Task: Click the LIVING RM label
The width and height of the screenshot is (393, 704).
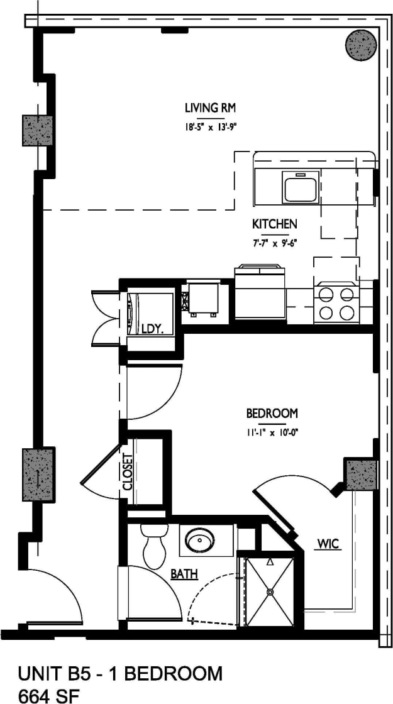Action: point(210,107)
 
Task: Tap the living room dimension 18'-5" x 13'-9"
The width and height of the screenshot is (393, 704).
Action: point(210,127)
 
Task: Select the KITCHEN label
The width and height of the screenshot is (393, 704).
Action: point(274,224)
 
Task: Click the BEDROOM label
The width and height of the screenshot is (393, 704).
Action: point(272,414)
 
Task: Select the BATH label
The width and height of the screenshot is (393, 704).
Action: point(185,574)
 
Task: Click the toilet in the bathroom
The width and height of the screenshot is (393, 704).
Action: point(153,546)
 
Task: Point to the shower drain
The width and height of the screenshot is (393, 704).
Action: point(270,591)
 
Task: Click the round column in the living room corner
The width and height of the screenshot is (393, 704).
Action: point(361,45)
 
